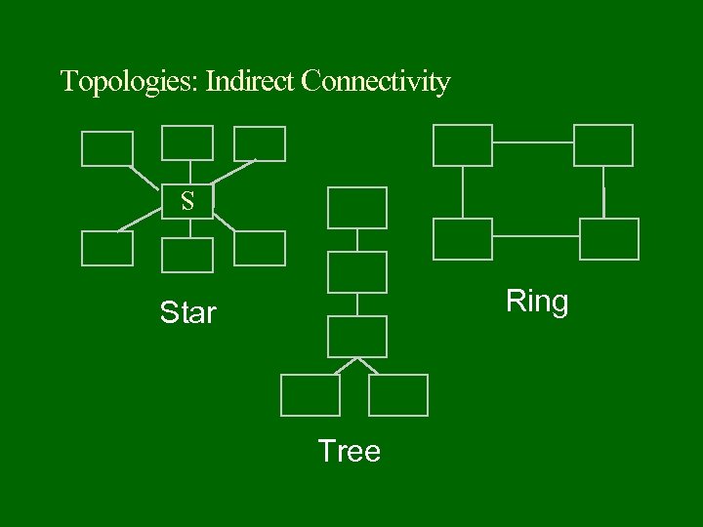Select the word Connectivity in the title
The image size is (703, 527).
pos(376,81)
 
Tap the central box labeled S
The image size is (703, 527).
pos(186,201)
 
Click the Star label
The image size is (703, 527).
pos(187,313)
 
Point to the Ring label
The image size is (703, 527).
pos(537,302)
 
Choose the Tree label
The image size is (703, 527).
pos(350,451)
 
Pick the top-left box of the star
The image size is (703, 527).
pos(106,148)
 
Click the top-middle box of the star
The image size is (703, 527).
pos(186,142)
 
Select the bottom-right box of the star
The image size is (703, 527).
pos(260,248)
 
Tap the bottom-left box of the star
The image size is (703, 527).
pos(106,248)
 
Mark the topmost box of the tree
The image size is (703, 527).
pos(357,208)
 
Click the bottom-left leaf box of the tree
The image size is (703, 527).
pos(310,395)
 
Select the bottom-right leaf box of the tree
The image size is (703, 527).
pos(398,395)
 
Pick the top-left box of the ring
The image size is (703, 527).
pos(463,145)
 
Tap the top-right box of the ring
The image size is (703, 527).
pos(603,145)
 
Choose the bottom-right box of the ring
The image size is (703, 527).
pos(609,239)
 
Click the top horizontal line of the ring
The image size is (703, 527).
pos(533,142)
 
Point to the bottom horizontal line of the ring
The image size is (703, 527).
pos(536,235)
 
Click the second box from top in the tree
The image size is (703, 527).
pos(357,271)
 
